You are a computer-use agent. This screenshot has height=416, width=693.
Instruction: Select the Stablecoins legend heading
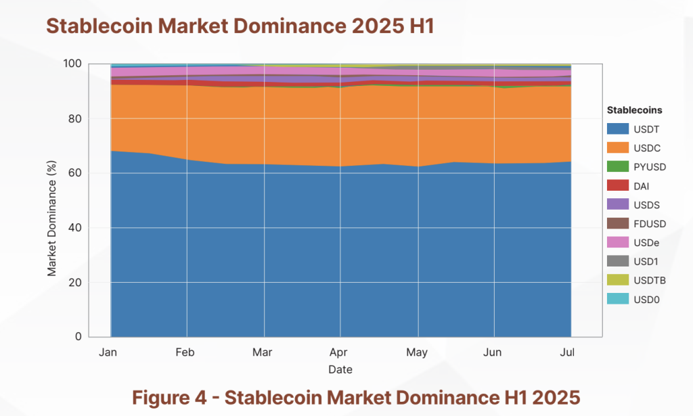point(634,110)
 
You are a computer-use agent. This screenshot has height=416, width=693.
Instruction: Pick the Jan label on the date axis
point(109,352)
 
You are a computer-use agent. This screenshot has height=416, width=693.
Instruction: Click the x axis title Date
point(340,369)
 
